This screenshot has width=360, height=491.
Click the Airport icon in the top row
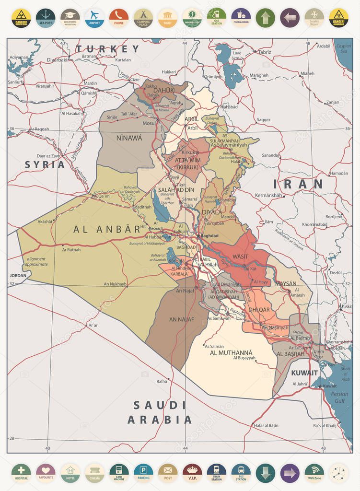[x=94, y=17]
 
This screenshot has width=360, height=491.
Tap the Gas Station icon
[x=217, y=17]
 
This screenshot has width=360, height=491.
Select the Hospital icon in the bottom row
[x=21, y=472]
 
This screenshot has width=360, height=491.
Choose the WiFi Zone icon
[x=314, y=472]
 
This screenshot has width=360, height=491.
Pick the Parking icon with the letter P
[x=143, y=472]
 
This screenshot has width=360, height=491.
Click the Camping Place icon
[x=143, y=17]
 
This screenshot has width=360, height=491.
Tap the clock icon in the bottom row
[x=338, y=472]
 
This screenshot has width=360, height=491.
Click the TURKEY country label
[x=107, y=49]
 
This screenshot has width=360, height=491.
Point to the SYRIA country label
[x=45, y=164]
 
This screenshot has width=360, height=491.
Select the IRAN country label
[x=298, y=184]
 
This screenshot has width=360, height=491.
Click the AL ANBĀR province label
[x=107, y=229]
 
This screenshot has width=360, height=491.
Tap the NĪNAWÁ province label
[x=129, y=138]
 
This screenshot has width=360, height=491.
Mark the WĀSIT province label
[x=240, y=257]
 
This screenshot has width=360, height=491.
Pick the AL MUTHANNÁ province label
[x=231, y=353]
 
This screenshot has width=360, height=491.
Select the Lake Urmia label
[x=237, y=55]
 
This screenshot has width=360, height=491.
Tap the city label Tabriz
[x=264, y=52]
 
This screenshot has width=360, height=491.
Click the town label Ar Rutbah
[x=71, y=249]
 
